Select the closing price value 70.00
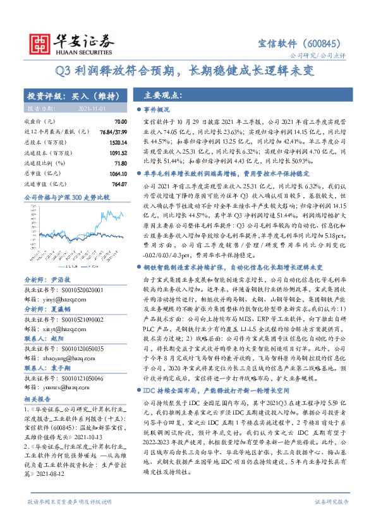(x=121, y=121)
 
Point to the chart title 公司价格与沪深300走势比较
(x=66, y=198)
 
